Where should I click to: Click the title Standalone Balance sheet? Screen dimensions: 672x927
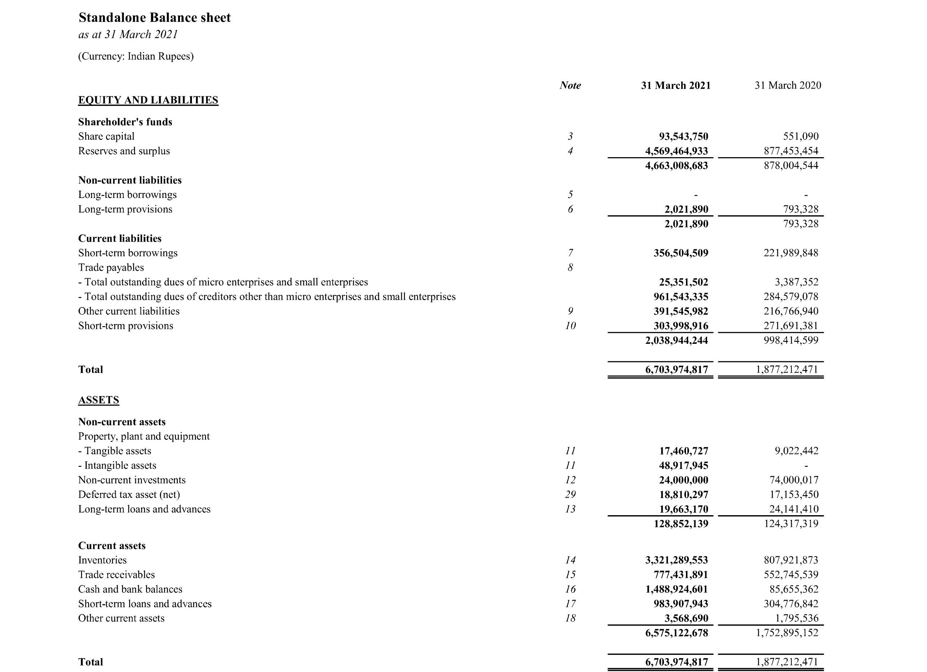pos(154,17)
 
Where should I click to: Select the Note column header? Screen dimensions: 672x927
pos(570,85)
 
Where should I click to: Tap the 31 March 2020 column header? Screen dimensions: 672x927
pos(788,85)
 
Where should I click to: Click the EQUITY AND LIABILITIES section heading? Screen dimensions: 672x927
pos(148,100)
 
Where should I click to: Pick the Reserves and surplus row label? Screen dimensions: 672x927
pos(124,151)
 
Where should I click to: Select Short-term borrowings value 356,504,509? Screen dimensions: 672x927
pos(681,253)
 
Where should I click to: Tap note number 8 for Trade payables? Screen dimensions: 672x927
pos(570,267)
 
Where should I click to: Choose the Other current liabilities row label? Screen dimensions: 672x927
pos(129,311)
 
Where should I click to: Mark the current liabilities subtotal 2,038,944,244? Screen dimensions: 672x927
pos(677,340)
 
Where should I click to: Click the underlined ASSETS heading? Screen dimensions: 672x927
pos(99,400)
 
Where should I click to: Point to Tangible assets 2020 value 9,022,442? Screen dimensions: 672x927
pos(796,451)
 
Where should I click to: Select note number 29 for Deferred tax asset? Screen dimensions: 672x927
pos(570,494)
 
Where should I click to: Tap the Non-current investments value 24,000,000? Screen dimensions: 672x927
pos(683,480)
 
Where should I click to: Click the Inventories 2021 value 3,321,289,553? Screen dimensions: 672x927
pos(677,560)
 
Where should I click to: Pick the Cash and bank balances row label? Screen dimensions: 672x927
pos(130,589)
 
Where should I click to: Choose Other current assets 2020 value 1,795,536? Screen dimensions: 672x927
pos(796,618)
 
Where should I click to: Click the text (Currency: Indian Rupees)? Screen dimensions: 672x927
pos(136,56)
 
